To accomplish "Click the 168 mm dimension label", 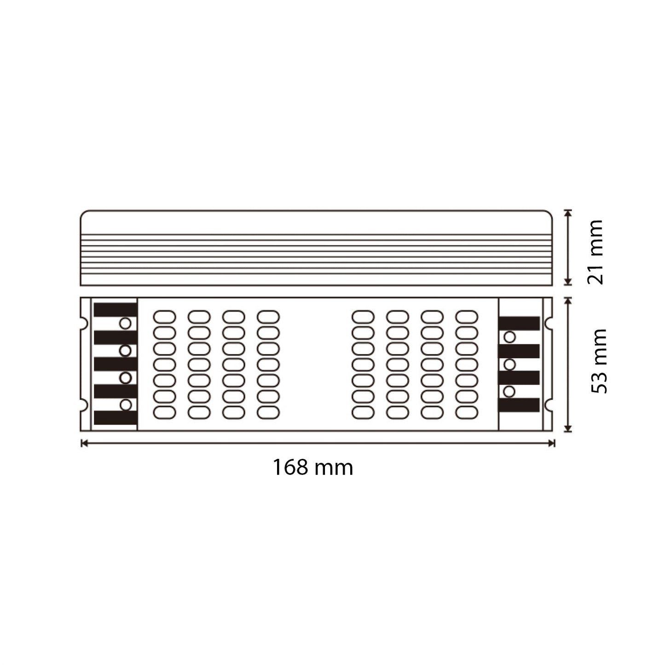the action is point(312,468).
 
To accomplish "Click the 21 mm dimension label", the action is point(595,252).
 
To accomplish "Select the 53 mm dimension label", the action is point(598,361).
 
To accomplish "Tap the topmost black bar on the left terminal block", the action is point(115,310).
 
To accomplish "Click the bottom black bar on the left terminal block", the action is point(115,417).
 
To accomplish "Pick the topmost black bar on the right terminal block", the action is point(519,324).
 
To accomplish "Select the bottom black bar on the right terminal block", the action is point(519,405).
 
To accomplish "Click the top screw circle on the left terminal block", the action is point(125,324).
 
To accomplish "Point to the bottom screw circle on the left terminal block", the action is point(125,405).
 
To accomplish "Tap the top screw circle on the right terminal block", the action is point(509,337).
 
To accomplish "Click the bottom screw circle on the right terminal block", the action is point(509,391).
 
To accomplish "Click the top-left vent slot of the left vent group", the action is point(165,317).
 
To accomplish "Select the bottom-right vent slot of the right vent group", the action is point(467,412).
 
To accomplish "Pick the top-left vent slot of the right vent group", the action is point(363,317).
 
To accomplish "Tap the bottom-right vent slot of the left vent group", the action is point(268,412).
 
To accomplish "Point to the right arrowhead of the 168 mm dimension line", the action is point(551,443).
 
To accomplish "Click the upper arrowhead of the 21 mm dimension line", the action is point(568,213).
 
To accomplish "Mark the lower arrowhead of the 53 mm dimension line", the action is point(568,428).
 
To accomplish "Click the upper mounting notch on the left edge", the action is point(83,324).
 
